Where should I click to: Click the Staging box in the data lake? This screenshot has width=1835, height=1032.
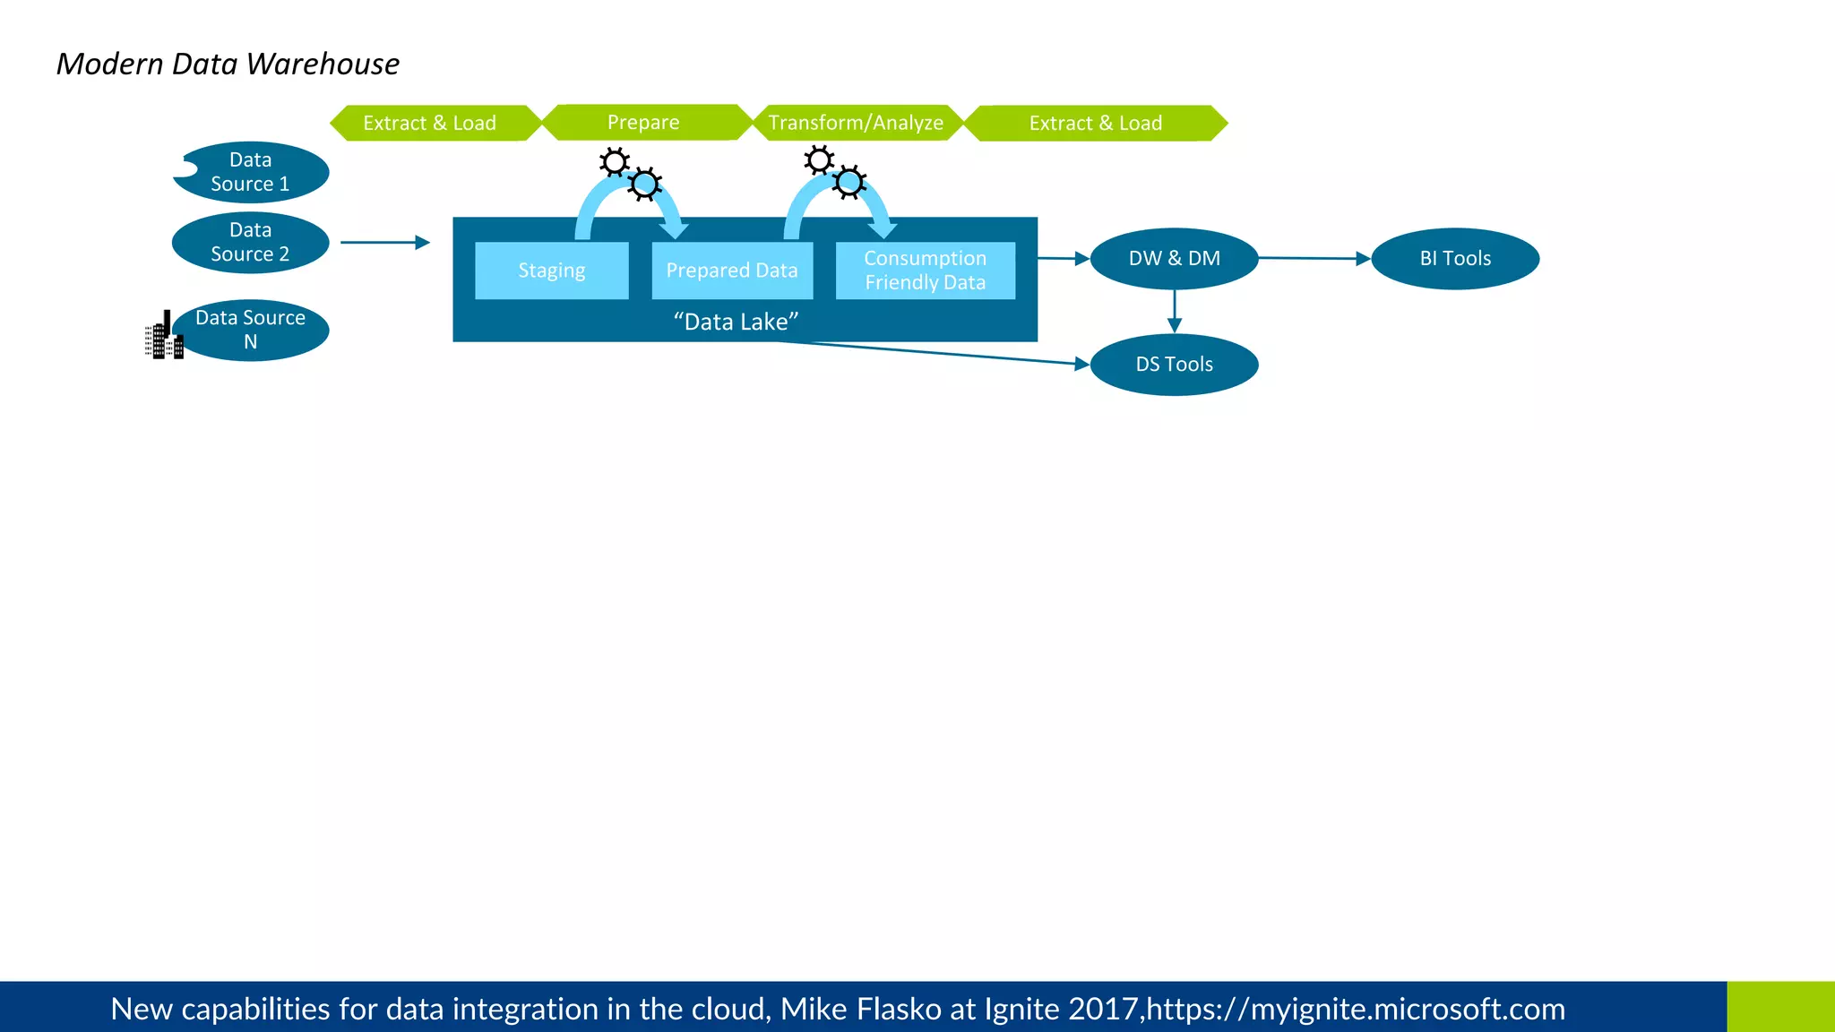point(551,271)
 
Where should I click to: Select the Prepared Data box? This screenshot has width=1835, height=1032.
point(732,271)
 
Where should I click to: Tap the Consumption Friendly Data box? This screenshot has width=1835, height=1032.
point(925,271)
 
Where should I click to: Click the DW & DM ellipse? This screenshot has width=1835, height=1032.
point(1174,259)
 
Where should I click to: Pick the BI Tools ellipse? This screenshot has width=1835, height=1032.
point(1455,259)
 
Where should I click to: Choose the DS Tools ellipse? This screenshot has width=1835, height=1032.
point(1174,365)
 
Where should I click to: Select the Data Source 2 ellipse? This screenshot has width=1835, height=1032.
point(251,243)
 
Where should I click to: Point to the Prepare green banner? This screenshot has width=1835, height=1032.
point(643,123)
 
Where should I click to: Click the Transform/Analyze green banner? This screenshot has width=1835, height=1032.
point(856,123)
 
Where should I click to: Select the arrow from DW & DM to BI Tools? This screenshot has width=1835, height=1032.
point(1314,258)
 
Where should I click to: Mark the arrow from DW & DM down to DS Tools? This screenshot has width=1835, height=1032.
point(1174,311)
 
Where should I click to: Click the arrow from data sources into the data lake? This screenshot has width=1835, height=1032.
point(384,242)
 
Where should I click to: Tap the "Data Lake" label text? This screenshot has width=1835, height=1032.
point(736,322)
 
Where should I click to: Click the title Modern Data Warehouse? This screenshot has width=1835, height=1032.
point(228,64)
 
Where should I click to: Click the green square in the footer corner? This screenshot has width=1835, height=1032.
point(1780,1006)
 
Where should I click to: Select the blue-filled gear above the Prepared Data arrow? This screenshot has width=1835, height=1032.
point(644,185)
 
